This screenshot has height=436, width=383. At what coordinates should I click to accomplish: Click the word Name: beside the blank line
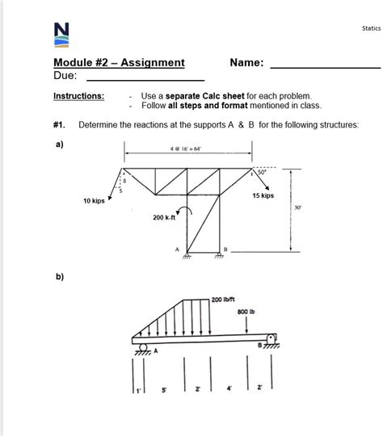tap(246, 62)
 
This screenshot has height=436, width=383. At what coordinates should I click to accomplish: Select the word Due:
tap(65, 76)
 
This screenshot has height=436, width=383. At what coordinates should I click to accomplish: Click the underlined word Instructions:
tap(78, 96)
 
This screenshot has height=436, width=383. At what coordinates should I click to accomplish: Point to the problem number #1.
tap(60, 124)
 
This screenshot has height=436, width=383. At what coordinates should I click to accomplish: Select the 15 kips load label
tap(263, 195)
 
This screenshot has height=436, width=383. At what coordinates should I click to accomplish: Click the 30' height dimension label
tap(299, 208)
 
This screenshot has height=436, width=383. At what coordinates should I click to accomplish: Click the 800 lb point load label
tap(246, 311)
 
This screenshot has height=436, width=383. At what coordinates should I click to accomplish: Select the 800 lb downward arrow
tap(246, 324)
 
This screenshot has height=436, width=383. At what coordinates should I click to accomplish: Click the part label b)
tap(60, 276)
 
